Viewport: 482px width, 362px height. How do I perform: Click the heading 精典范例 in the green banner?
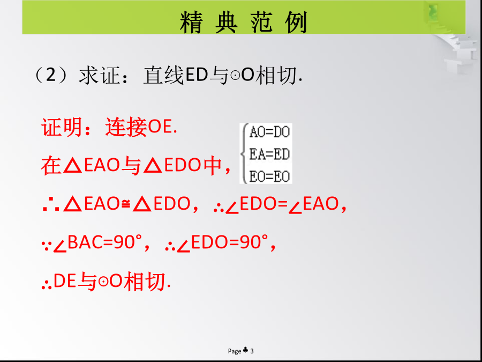point(244,22)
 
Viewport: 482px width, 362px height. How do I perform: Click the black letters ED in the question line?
point(196,76)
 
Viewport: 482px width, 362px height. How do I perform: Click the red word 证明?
point(61,127)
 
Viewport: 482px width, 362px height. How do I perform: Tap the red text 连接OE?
point(141,127)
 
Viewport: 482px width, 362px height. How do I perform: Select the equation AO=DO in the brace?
point(269,132)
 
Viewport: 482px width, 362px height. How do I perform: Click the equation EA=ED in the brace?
point(269,154)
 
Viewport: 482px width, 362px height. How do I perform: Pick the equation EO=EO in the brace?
point(269,176)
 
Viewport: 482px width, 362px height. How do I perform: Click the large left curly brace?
point(245,153)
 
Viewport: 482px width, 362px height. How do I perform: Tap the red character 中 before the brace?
point(213,165)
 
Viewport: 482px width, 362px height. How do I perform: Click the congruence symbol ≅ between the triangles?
point(125,204)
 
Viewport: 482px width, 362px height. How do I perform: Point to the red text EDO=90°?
point(228,242)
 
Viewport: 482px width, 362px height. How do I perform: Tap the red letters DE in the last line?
point(65,282)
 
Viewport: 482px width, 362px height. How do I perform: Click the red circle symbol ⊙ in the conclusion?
point(103,282)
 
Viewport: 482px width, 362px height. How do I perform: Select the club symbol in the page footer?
point(246,350)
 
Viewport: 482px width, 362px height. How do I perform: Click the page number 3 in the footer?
point(252,351)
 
